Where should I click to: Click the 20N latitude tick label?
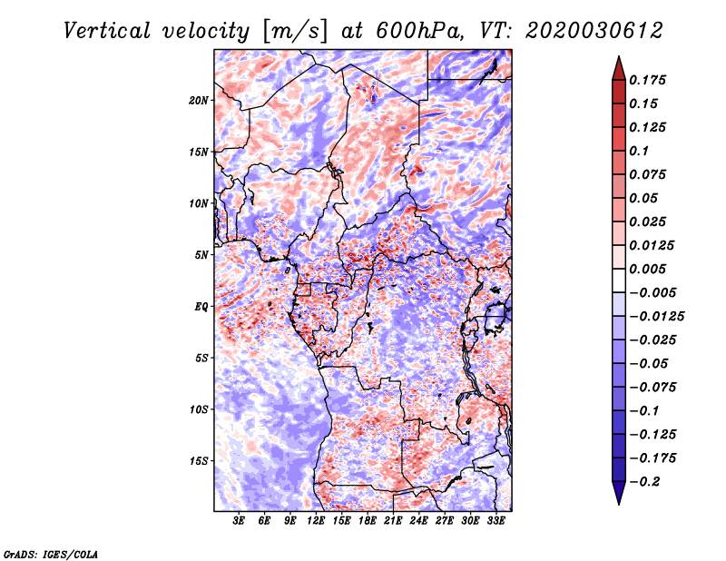[x=199, y=100]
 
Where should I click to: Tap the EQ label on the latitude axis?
[x=201, y=307]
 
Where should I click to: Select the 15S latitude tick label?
[x=199, y=461]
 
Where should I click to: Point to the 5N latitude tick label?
[x=201, y=255]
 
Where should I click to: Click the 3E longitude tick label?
[x=239, y=520]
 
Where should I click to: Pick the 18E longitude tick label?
[x=368, y=520]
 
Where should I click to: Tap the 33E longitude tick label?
[x=495, y=520]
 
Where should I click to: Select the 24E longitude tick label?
[x=418, y=520]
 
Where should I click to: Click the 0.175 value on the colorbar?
[x=647, y=80]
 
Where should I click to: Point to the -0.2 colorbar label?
[x=644, y=482]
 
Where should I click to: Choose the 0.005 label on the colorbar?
[x=647, y=269]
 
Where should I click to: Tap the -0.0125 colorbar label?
[x=656, y=317]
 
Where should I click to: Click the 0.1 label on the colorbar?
[x=639, y=151]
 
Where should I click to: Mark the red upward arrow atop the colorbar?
[x=619, y=68]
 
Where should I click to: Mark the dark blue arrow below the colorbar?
[x=619, y=493]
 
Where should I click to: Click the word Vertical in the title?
[x=107, y=31]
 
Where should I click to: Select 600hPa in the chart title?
[x=419, y=31]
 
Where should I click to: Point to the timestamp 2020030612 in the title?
[x=594, y=31]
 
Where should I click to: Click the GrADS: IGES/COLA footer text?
[x=51, y=554]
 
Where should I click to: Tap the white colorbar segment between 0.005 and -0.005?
[x=619, y=280]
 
